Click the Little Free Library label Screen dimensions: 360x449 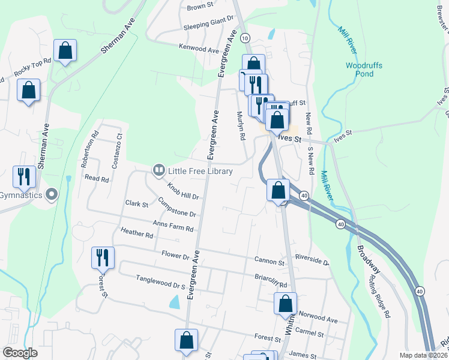tap(200, 172)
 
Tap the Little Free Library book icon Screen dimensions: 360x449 tap(159, 171)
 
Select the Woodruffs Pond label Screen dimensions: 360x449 tap(364, 70)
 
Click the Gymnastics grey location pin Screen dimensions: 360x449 tap(52, 194)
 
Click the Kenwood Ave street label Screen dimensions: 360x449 tap(200, 49)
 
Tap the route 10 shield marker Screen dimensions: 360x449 tap(244, 38)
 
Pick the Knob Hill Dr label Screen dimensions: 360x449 tap(183, 191)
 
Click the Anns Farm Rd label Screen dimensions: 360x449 tap(173, 226)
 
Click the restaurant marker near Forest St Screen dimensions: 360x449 tap(103, 257)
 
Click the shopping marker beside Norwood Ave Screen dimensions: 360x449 tap(286, 304)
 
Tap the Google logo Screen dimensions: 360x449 tap(20, 353)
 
